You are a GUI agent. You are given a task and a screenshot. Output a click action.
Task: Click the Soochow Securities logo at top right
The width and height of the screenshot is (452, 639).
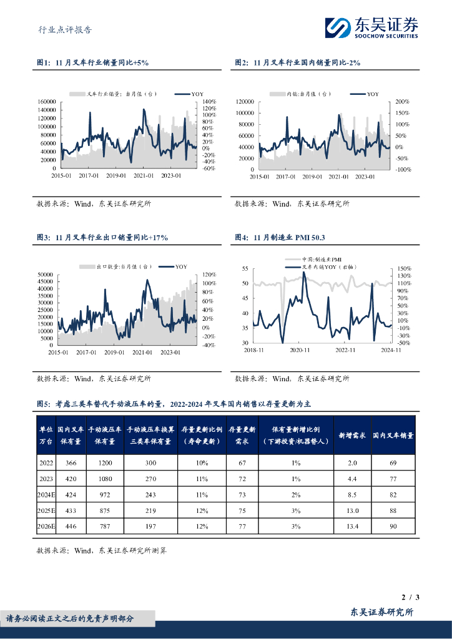point(371,27)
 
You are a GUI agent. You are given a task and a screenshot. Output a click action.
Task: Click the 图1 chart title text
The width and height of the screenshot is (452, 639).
point(92,63)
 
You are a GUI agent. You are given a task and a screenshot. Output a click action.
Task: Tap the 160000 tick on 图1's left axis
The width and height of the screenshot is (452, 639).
point(47,101)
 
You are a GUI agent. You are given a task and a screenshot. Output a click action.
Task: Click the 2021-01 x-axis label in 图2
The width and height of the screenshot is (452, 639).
point(338,177)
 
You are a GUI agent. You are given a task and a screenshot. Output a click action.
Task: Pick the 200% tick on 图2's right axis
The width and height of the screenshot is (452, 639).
point(402,101)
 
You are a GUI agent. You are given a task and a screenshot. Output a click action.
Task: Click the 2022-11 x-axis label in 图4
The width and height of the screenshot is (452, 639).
point(345,351)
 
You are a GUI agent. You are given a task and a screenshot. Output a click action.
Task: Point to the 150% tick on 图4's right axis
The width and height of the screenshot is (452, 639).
point(403,268)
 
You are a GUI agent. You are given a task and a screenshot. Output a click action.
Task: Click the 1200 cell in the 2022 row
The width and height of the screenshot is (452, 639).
point(104,463)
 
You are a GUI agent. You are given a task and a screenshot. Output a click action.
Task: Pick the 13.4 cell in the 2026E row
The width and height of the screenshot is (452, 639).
point(351,526)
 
